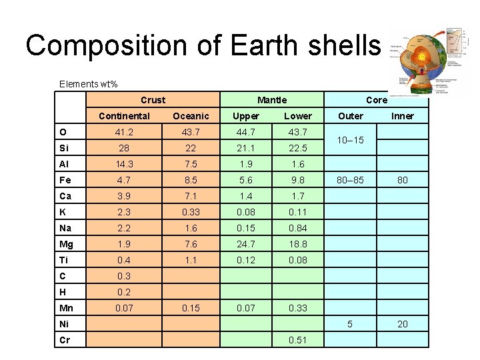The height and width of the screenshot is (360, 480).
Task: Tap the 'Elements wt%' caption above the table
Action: [x=88, y=84]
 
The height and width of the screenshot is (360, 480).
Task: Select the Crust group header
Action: [x=153, y=100]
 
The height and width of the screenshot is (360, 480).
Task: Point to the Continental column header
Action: [x=124, y=116]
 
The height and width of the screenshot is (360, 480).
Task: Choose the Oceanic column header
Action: [x=191, y=116]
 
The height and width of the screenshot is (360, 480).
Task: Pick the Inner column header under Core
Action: [x=402, y=116]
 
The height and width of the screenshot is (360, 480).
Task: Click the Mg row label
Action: [x=66, y=244]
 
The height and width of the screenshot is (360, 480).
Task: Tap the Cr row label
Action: [x=65, y=340]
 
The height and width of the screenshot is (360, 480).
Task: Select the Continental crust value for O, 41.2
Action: [x=124, y=132]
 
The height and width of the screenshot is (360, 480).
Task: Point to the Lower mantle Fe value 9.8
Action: [x=297, y=180]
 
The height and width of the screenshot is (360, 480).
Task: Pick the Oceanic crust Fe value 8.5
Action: [x=191, y=180]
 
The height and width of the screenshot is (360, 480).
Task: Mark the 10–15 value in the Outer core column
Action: [x=351, y=140]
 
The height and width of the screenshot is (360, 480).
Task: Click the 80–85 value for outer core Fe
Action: [x=351, y=180]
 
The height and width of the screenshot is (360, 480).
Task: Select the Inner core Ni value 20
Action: [x=402, y=324]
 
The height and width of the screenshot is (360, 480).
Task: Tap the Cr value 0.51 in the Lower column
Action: [x=297, y=340]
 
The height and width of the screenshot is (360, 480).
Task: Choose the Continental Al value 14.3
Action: [x=124, y=164]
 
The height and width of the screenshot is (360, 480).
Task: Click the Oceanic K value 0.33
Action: [x=191, y=212]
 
